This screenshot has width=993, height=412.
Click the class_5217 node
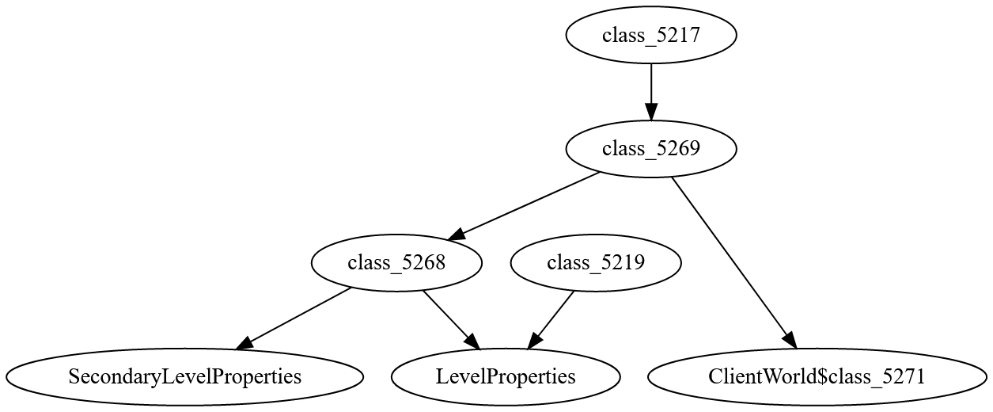(x=651, y=35)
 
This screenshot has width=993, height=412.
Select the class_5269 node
(x=651, y=148)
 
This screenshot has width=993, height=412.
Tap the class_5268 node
(x=396, y=263)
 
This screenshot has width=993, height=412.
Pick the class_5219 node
(x=596, y=263)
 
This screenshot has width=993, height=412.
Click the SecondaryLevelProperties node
(x=185, y=376)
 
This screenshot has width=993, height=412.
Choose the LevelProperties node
(x=505, y=376)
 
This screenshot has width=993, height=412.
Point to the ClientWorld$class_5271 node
(x=817, y=376)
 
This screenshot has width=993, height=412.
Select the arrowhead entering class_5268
(x=457, y=235)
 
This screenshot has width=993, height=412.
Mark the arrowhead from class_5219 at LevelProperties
(x=533, y=341)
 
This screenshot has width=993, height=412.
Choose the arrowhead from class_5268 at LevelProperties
(x=473, y=341)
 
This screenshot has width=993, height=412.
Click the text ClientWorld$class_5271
(x=817, y=376)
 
